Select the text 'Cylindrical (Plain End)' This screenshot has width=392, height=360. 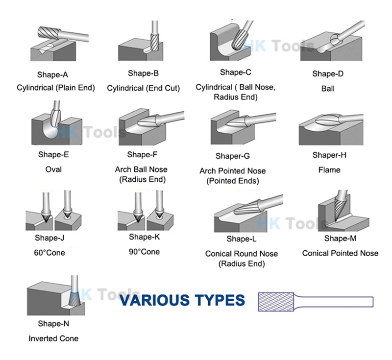[x=55, y=88]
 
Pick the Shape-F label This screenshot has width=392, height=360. [x=142, y=155]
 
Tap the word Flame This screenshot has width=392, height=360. [x=329, y=170]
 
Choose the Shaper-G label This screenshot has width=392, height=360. [x=232, y=156]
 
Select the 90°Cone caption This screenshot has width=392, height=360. [x=144, y=252]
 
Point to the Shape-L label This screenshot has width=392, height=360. [x=242, y=239]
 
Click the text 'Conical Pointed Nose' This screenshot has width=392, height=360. [x=340, y=253]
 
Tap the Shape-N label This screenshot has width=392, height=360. [x=53, y=324]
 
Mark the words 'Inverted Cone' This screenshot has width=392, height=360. [x=53, y=338]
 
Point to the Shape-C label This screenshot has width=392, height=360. [x=235, y=72]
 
